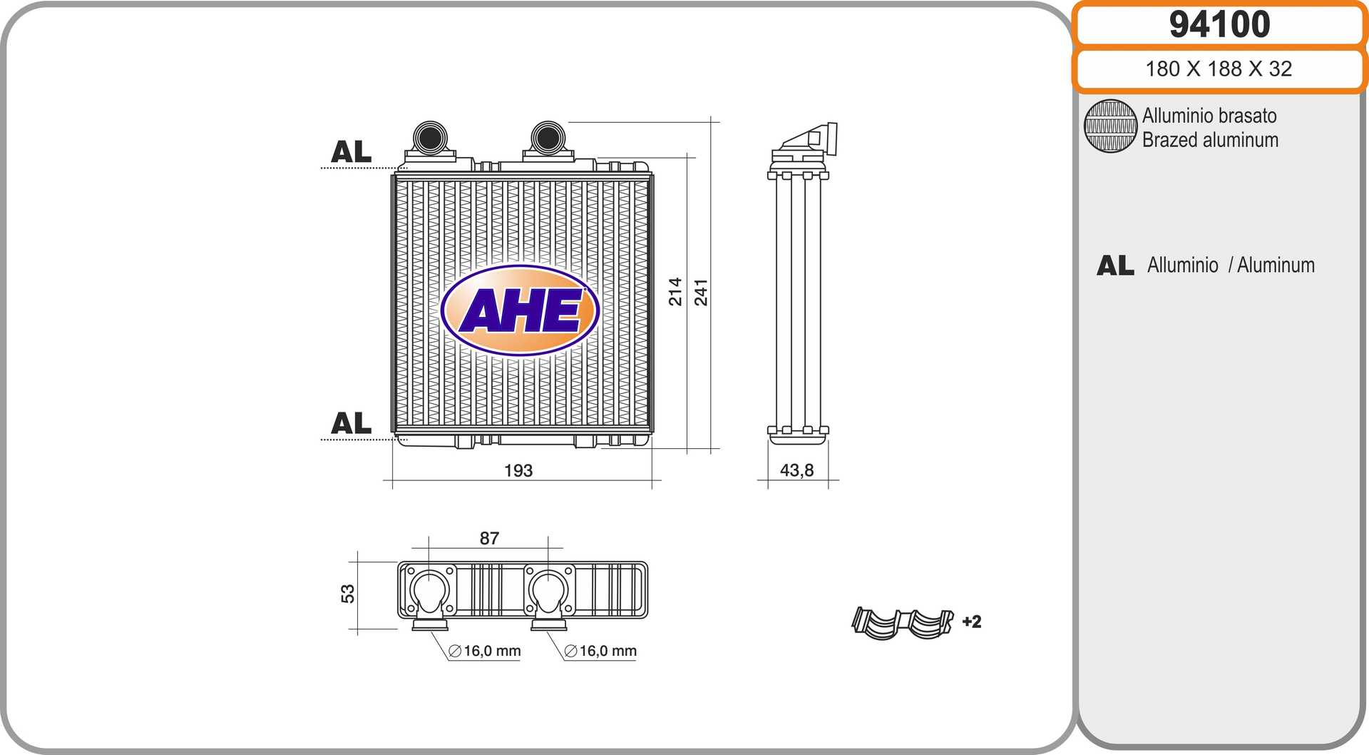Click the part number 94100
[1219, 25]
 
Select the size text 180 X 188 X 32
[1219, 69]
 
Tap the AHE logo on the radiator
[520, 311]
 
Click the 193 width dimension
[518, 471]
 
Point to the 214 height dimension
[675, 292]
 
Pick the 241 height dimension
[701, 293]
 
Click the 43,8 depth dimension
[796, 471]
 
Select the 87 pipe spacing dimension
[489, 539]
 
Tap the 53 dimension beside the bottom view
[347, 594]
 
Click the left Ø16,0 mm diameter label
[485, 652]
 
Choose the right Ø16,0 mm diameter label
[600, 652]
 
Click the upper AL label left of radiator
[351, 152]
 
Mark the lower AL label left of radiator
[351, 424]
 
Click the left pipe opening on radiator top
[431, 136]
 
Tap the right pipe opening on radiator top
[548, 136]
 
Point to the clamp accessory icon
[903, 623]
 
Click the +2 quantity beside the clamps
[972, 622]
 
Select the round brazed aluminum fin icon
[1110, 126]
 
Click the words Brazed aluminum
[1210, 141]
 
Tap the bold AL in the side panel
[1115, 266]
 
